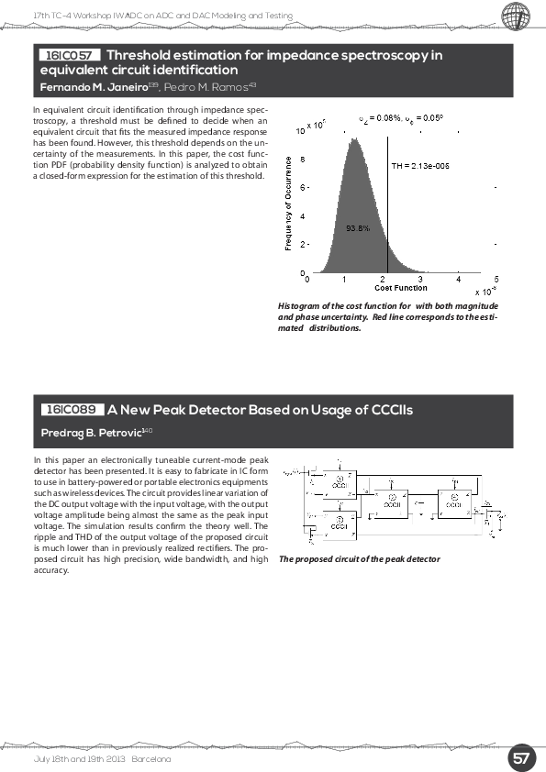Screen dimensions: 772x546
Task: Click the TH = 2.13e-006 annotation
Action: click(420, 166)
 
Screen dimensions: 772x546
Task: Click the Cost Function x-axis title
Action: click(400, 288)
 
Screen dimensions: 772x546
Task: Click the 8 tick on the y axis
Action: click(302, 159)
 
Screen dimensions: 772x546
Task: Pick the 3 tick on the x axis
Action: click(419, 279)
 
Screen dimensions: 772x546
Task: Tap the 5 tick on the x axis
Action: click(496, 279)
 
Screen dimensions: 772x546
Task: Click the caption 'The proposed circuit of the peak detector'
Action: click(359, 558)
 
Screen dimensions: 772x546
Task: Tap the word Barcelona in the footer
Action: click(151, 760)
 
